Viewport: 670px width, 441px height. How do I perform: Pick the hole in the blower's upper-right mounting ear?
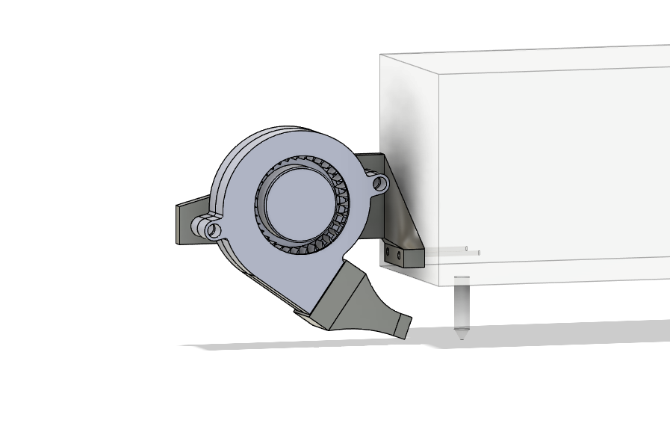[379, 182]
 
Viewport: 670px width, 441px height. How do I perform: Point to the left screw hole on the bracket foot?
[388, 253]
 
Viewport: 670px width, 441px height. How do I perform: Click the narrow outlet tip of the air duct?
[404, 326]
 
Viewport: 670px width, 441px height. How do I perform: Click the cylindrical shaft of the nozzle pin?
[462, 303]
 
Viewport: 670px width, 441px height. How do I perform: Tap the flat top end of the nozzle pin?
[462, 278]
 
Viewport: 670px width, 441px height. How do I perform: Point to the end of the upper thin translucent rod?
[467, 248]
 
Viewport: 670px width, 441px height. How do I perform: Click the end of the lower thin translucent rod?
[479, 253]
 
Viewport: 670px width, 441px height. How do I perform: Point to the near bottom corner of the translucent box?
[438, 285]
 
